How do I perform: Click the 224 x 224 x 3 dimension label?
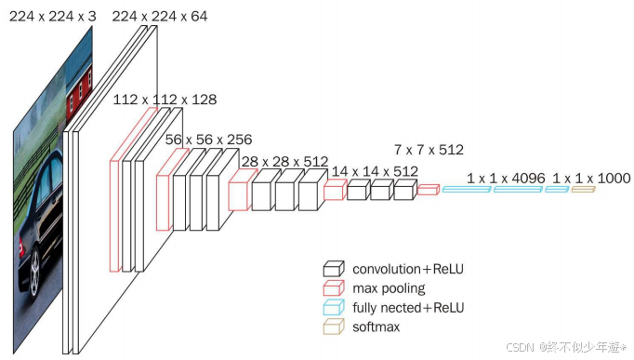click(53, 16)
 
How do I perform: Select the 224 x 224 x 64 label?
click(160, 16)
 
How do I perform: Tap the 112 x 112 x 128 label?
click(165, 100)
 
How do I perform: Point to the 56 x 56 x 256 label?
click(208, 140)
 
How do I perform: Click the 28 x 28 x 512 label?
click(284, 162)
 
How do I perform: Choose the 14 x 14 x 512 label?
click(375, 171)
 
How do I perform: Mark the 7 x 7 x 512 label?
click(429, 150)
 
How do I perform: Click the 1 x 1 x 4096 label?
click(506, 179)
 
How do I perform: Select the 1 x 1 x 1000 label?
click(591, 179)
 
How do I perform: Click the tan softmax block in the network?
click(583, 189)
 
